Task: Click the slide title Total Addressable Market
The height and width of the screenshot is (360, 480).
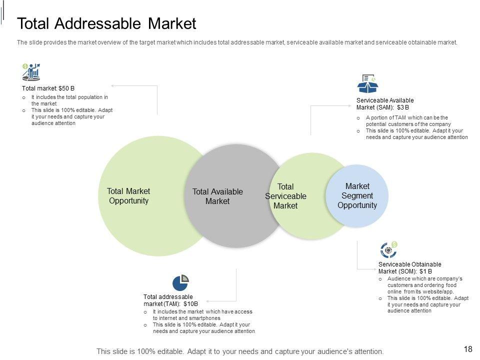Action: [106, 23]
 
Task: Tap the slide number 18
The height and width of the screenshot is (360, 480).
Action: [468, 349]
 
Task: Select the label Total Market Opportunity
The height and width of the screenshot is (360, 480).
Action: [128, 196]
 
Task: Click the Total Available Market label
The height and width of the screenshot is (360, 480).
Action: [217, 196]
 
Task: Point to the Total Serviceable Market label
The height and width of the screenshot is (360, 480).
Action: [285, 196]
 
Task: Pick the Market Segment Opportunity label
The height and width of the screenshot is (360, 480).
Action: [357, 195]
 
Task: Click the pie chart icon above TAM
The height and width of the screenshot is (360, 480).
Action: [180, 282]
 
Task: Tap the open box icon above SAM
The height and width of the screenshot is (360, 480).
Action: [367, 84]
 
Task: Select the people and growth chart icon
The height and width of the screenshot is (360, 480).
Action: [31, 72]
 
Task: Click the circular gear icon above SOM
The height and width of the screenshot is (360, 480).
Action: [388, 249]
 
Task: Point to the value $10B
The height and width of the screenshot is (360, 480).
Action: [191, 303]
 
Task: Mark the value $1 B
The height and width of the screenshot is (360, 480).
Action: [426, 271]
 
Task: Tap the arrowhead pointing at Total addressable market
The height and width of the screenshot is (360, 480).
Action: [207, 301]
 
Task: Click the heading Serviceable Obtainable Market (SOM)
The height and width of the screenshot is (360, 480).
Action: [409, 267]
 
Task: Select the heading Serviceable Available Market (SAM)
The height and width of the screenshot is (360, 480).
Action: [384, 103]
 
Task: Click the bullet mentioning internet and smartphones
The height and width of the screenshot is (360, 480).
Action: [202, 314]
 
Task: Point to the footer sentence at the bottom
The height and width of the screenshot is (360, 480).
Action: [240, 351]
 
